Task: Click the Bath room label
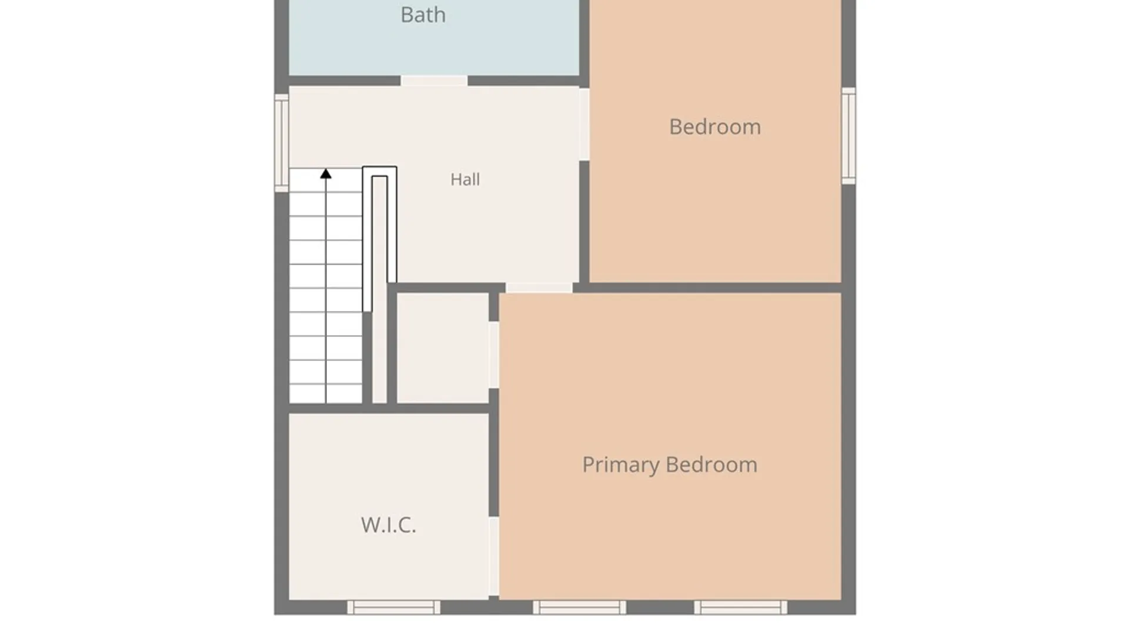[423, 15]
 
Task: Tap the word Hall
[465, 179]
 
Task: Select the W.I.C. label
[389, 524]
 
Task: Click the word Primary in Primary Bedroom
[621, 465]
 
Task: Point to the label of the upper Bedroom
[715, 126]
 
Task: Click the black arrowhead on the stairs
[326, 173]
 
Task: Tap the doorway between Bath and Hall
[434, 81]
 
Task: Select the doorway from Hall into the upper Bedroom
[584, 124]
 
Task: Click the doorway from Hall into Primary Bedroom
[539, 288]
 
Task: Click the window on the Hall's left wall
[282, 143]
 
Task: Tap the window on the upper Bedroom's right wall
[849, 136]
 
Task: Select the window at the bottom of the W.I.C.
[393, 607]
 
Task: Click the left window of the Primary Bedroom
[579, 607]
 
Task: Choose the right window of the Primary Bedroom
[740, 607]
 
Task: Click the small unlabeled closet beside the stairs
[443, 348]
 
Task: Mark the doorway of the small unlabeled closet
[494, 355]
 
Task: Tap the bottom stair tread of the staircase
[325, 393]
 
